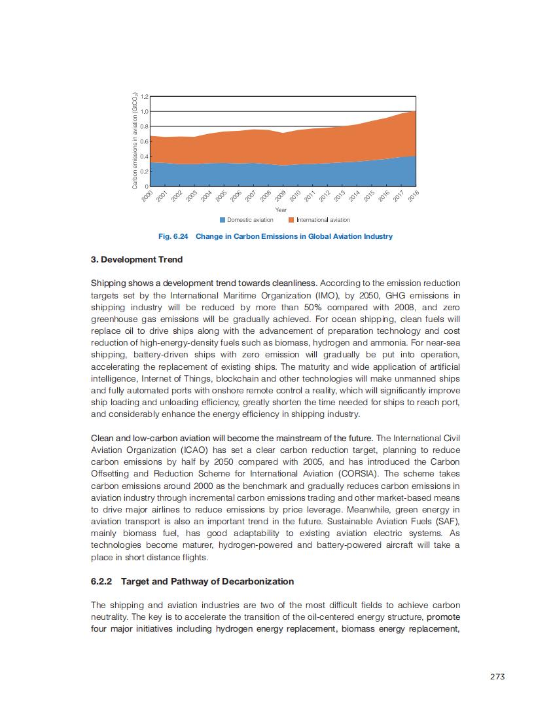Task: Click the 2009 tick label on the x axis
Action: (279, 196)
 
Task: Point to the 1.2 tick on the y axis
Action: (145, 96)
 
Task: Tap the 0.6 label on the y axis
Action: (145, 141)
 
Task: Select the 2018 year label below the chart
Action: (413, 196)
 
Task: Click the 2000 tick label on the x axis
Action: (147, 196)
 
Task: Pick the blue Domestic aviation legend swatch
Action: (222, 220)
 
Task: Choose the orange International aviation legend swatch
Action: (292, 220)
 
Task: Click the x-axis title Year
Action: (281, 209)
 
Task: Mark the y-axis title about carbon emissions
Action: (134, 141)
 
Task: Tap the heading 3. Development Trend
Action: (137, 259)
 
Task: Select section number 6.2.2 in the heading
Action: (102, 581)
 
